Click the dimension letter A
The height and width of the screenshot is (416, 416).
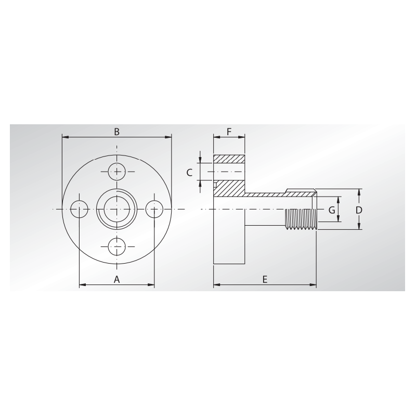coord(116,279)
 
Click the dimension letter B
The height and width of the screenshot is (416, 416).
coord(116,132)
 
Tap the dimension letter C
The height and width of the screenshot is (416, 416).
coord(189,173)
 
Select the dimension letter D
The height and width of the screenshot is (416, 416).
coord(359,210)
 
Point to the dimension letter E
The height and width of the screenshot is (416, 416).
coord(265,279)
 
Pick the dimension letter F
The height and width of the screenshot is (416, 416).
coord(229,132)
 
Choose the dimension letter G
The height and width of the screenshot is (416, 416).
coord(332,210)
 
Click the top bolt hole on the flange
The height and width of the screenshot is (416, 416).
coord(116,172)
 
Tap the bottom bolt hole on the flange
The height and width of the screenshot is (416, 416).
coord(116,246)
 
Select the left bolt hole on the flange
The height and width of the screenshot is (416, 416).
coord(80,210)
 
